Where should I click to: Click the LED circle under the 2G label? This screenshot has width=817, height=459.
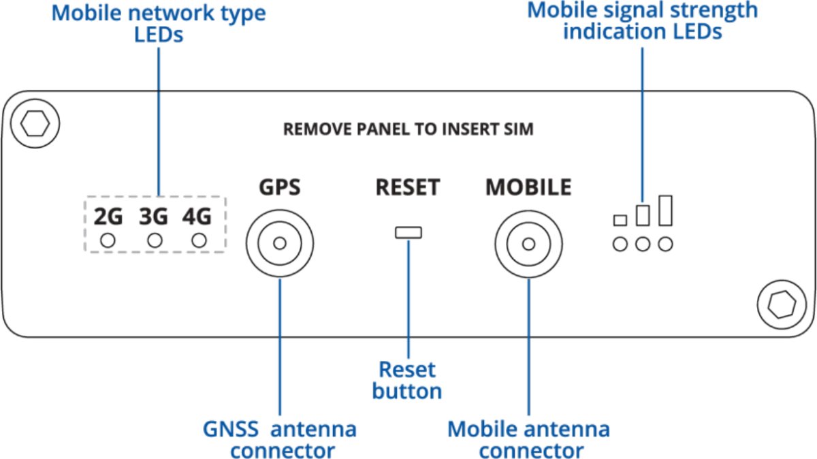[x=108, y=240]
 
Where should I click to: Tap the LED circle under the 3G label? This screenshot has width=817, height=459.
[x=155, y=240]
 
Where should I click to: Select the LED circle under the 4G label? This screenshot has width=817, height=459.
[x=199, y=240]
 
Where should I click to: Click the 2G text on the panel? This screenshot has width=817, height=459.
[x=108, y=217]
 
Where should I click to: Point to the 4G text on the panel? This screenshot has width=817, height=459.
[x=197, y=217]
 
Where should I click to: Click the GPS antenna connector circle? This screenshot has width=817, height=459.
[x=279, y=243]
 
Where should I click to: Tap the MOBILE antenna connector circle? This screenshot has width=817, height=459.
[x=528, y=243]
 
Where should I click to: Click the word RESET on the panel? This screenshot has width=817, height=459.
[x=408, y=187]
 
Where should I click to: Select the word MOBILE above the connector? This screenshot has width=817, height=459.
[x=528, y=187]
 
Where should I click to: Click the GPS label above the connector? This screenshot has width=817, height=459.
[x=279, y=187]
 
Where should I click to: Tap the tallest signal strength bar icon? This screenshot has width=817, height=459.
[x=666, y=210]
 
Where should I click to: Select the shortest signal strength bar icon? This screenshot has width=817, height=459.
[x=620, y=220]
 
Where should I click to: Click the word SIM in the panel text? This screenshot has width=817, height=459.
[x=520, y=129]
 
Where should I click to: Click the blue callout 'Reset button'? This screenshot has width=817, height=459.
[x=407, y=380]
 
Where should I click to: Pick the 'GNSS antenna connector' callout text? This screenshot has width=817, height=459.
[x=279, y=439]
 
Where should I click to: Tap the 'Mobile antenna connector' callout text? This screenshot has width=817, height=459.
[x=528, y=439]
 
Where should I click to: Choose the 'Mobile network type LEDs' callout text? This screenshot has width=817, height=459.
[x=159, y=23]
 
